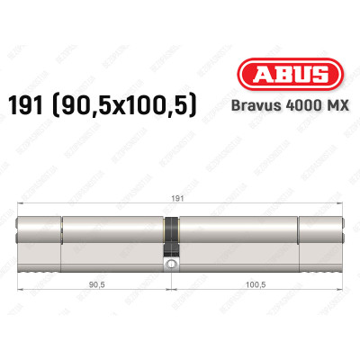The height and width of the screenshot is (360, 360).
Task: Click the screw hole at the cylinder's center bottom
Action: click(x=168, y=265)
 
